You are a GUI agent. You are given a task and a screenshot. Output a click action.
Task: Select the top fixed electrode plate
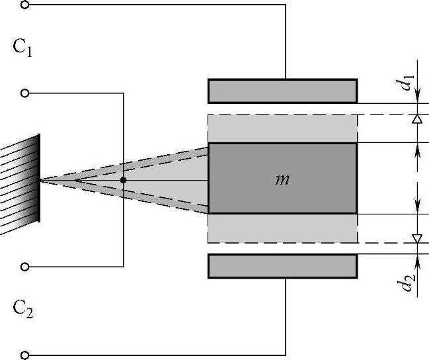283,91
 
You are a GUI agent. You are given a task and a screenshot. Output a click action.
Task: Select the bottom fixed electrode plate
283,265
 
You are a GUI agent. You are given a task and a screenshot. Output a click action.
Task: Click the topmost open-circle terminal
25,5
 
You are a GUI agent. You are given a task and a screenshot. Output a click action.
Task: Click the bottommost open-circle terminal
25,355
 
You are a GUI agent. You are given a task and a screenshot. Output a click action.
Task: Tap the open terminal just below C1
25,93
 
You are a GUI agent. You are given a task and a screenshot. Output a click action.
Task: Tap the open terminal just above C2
25,267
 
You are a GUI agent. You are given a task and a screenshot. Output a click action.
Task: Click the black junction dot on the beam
123,180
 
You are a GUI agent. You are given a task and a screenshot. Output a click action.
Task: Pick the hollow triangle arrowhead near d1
417,119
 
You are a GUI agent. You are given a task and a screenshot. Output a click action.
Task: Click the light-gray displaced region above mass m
283,128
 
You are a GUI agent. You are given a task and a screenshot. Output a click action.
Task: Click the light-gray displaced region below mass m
283,228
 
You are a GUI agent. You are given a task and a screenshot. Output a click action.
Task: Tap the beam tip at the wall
41,180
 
